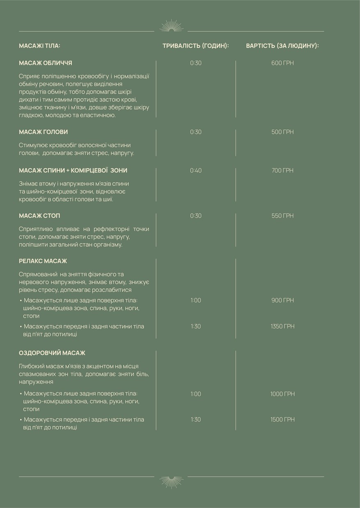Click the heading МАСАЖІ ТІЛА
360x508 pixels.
39,46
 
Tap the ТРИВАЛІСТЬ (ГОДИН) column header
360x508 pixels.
195,46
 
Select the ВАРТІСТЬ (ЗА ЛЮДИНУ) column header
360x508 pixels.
282,46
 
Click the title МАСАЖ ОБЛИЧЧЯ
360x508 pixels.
46,63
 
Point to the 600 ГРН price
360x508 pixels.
282,63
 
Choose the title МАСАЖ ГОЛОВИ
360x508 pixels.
44,132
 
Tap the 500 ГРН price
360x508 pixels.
282,132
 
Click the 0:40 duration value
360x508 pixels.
196,170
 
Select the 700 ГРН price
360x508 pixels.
282,170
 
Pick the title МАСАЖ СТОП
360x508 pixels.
40,216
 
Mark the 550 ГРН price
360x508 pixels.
282,216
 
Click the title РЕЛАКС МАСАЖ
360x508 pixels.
43,261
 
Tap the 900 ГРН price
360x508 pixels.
282,301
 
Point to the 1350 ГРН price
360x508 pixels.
282,326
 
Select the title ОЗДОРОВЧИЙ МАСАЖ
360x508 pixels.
52,353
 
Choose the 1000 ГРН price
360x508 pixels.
282,394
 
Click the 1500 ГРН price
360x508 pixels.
282,420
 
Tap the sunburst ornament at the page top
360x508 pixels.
171,26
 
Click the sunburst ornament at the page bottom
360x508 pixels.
171,482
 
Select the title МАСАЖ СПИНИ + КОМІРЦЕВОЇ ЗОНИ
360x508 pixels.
73,170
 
